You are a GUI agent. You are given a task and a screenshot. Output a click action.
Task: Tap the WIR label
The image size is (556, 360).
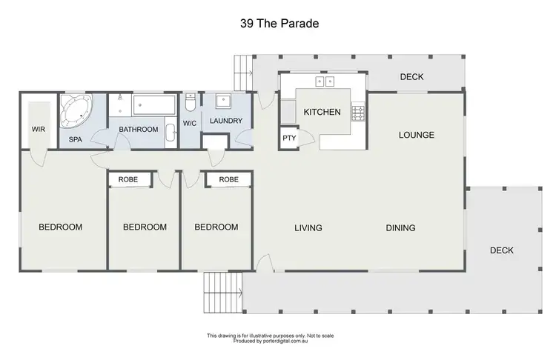pos(39,129)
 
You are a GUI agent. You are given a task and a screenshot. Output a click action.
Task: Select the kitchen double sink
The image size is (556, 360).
pos(325,81)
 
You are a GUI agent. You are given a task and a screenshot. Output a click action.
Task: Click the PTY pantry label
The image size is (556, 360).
pos(288,139)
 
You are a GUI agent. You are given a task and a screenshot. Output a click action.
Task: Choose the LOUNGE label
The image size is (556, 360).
pos(416,135)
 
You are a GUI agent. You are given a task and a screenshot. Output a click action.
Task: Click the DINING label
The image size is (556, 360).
pos(400,228)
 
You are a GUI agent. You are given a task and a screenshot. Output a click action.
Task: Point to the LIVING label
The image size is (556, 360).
pos(308,228)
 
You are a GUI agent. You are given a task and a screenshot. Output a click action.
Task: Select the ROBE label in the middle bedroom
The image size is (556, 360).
pos(130,180)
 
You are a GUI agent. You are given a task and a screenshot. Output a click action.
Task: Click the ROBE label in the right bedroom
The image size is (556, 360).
pos(228,180)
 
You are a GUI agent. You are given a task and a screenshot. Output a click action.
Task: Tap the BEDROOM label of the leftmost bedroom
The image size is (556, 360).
pos(60,227)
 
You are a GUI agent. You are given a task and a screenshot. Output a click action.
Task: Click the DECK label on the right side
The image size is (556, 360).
pos(502,250)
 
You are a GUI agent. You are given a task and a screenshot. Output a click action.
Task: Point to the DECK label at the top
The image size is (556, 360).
pos(411,76)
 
